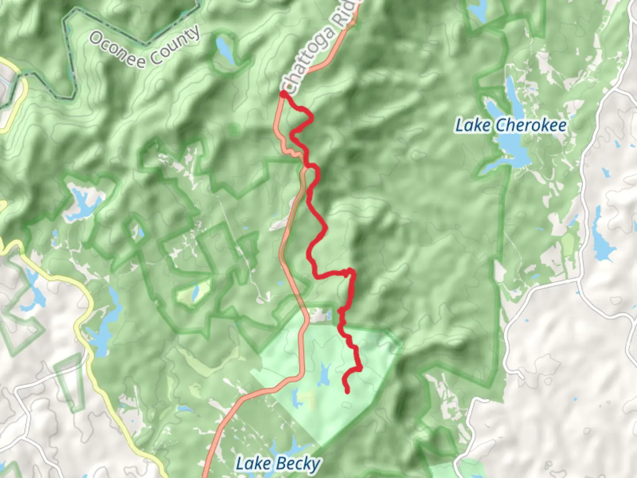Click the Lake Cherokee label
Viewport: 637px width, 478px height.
click(511, 125)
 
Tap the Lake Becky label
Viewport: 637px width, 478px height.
click(278, 464)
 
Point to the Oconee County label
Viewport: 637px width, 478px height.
click(145, 46)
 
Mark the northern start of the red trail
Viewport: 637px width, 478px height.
click(283, 94)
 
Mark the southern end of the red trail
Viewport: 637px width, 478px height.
click(347, 391)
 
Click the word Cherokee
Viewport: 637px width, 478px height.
click(530, 125)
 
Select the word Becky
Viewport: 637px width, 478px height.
click(297, 464)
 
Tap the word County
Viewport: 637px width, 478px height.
click(174, 47)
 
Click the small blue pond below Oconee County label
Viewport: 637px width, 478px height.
click(224, 49)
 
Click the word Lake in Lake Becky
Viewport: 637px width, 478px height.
click(253, 464)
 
